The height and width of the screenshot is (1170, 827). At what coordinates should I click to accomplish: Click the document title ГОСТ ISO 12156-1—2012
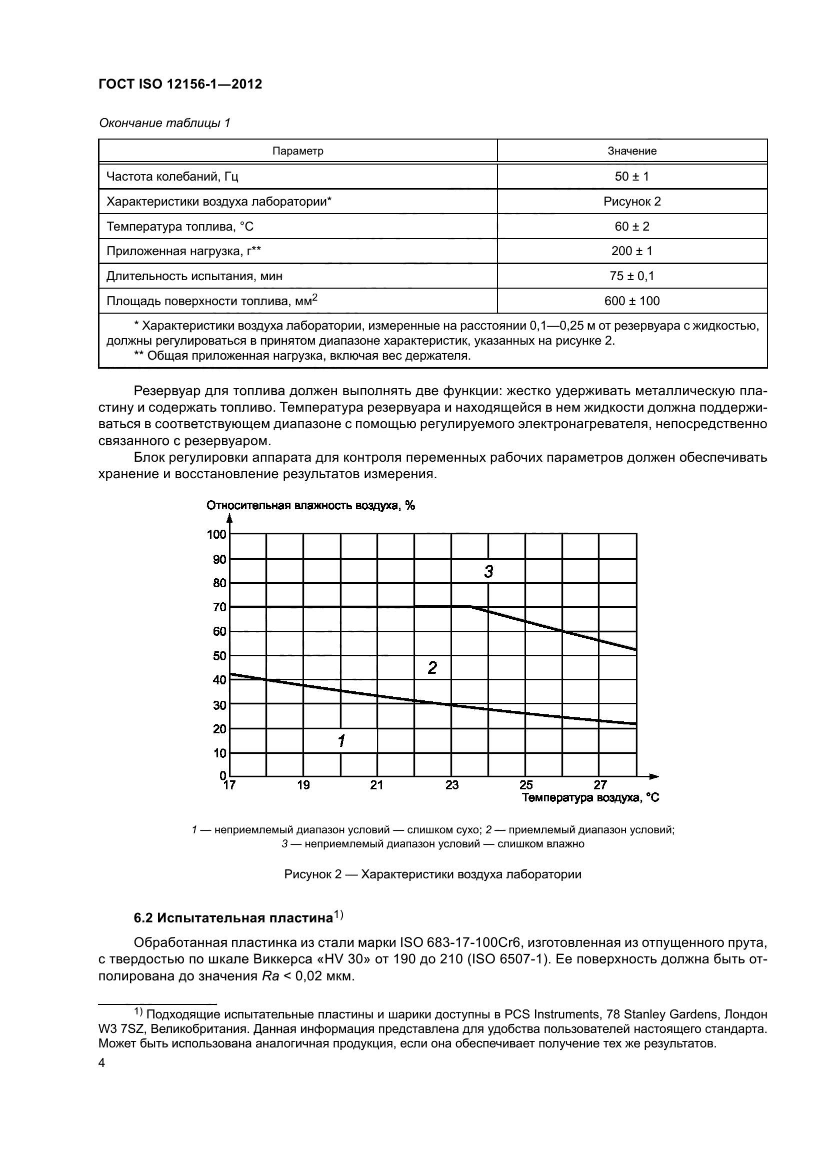click(180, 84)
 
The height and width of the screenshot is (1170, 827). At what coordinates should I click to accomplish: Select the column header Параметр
click(298, 151)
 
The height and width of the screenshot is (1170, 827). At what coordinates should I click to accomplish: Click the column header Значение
click(632, 151)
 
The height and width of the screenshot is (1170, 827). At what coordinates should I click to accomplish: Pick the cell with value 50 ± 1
click(632, 176)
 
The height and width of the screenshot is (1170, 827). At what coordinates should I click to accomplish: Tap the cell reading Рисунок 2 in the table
click(632, 201)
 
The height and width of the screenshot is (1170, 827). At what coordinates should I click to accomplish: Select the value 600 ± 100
click(632, 301)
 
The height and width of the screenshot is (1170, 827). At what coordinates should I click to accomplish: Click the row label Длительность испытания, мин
click(194, 276)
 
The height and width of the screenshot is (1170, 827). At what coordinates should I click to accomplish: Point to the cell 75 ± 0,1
click(632, 276)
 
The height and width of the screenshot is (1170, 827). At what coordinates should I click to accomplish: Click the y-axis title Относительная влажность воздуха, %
click(310, 506)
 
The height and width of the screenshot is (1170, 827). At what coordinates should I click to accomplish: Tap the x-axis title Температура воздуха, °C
click(590, 797)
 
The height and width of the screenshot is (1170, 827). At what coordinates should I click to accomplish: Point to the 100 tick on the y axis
click(216, 535)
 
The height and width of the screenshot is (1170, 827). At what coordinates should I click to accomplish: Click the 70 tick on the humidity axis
click(219, 607)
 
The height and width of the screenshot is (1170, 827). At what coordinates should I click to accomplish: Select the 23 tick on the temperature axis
click(451, 785)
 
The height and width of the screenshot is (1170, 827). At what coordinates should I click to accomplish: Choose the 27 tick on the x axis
click(600, 785)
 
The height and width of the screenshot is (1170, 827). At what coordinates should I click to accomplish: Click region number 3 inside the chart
click(488, 572)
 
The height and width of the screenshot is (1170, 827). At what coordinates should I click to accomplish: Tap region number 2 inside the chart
click(432, 668)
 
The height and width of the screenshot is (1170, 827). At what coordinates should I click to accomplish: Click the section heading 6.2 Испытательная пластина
click(232, 918)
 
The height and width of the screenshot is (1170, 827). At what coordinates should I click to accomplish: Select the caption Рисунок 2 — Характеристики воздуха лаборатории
click(432, 874)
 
